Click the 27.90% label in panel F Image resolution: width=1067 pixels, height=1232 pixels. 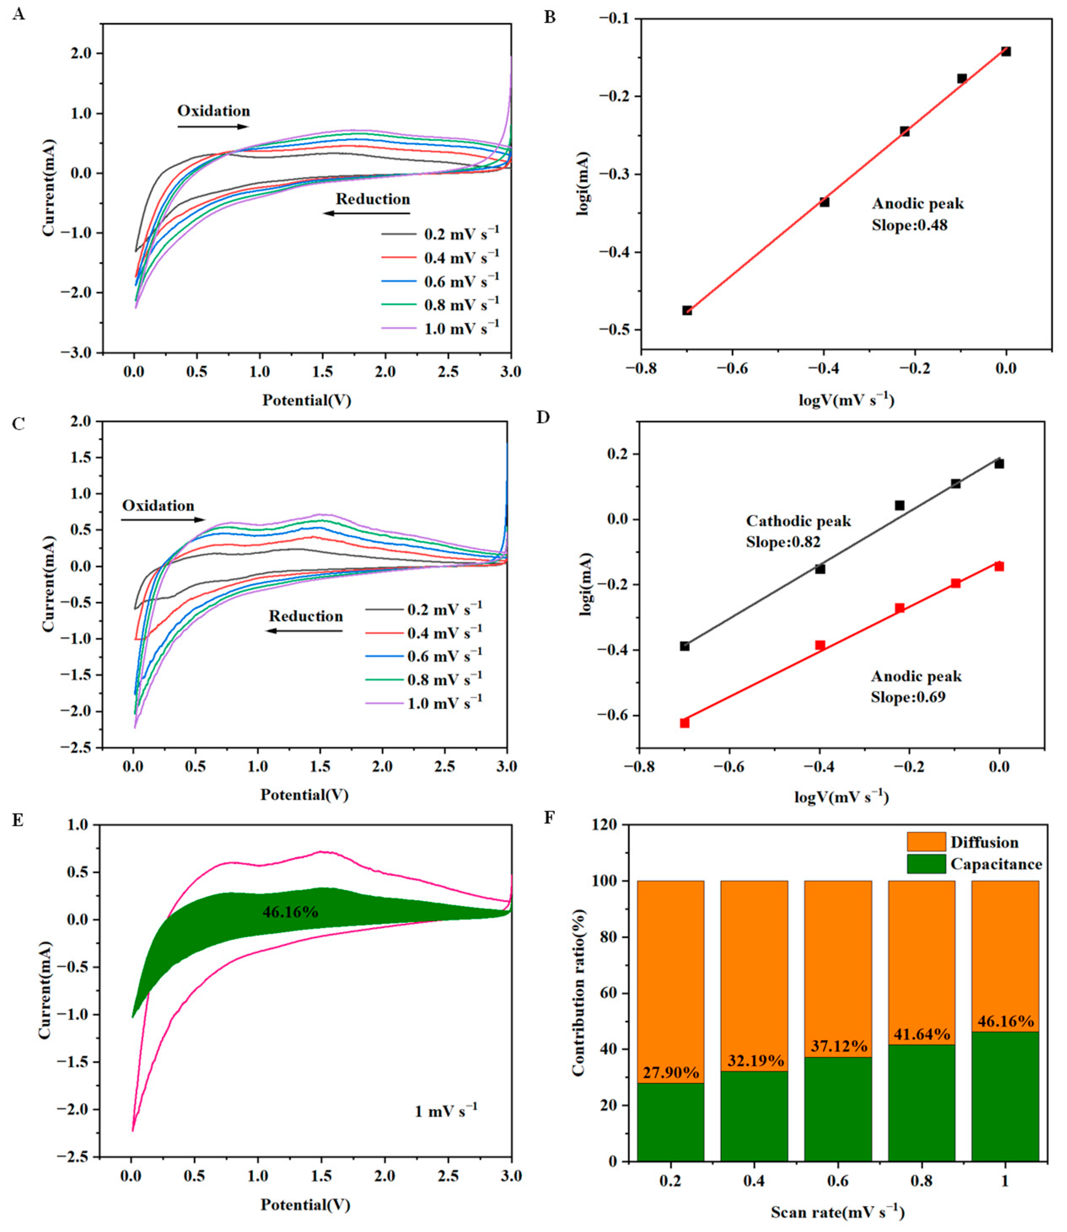point(670,1072)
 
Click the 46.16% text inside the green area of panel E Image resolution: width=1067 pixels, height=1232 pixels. point(290,912)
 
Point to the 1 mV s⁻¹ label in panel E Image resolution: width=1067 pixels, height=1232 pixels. point(445,1111)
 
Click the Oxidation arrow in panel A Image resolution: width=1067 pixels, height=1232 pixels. point(212,126)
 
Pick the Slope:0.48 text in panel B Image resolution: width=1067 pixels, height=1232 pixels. point(909,225)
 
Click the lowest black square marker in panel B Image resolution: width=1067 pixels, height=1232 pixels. point(687,310)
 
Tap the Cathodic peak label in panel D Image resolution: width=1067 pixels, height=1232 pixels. point(798,521)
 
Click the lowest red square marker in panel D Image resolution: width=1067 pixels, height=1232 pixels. point(685,723)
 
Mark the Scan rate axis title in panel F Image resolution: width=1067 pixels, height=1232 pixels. point(837,1212)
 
